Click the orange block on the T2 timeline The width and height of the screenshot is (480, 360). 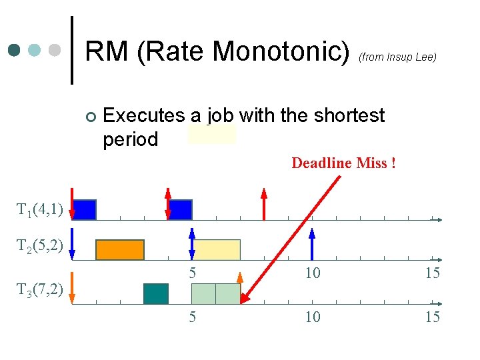point(120,249)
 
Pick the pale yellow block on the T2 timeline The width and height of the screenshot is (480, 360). point(217,249)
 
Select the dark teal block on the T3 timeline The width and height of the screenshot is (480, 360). point(156,293)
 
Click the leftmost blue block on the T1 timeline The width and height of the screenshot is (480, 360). point(85,209)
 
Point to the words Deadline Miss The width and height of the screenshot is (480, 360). point(343,163)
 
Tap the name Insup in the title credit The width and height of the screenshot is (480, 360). point(398,57)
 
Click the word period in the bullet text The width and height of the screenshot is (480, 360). point(131,139)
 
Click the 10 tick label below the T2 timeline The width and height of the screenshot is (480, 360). point(312,273)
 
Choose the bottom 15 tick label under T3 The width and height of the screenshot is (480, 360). point(433,317)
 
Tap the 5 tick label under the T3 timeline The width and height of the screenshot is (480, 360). point(192,317)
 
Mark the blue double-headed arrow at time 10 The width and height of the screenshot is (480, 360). point(312,243)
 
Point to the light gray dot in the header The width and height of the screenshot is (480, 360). point(55,50)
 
